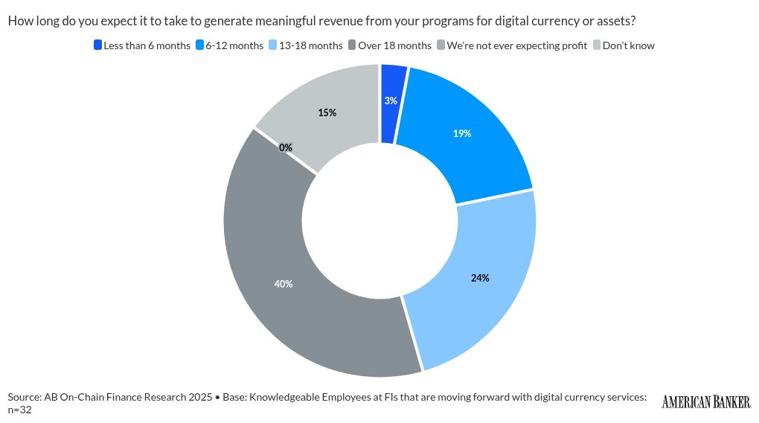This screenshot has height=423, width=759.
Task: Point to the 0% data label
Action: point(286,147)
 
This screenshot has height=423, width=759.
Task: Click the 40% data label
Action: point(283,284)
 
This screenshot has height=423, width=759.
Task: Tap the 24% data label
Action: point(480,278)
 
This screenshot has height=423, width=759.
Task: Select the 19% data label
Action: point(462,134)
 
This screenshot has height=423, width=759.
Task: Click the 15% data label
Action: point(327,112)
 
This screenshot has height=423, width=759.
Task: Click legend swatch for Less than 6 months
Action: point(97,45)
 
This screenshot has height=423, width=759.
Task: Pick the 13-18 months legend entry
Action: point(310,45)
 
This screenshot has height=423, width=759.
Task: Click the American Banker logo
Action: point(706,402)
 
